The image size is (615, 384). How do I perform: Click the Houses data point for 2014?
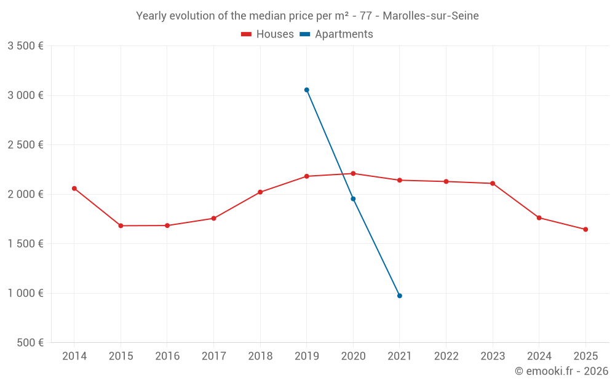[74, 189]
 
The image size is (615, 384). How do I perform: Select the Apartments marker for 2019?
[307, 90]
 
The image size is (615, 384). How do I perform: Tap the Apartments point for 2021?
[400, 296]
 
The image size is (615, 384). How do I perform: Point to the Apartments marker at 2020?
[353, 199]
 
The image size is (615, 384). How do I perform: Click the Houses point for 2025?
[585, 230]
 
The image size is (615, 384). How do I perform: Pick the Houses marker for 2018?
[260, 192]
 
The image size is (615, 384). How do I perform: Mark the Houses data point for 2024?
[539, 218]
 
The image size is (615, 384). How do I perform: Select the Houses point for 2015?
[121, 226]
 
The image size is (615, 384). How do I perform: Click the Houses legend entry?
[268, 34]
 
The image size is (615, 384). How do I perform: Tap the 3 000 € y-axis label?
[25, 95]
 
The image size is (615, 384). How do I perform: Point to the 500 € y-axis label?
[30, 343]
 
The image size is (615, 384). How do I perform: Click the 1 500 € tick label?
[25, 244]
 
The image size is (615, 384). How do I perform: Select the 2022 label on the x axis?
[446, 356]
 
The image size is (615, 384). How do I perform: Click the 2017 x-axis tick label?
[213, 356]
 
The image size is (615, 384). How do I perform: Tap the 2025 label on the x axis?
[585, 356]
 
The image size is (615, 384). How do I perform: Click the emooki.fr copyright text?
[561, 371]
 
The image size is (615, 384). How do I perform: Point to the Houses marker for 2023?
[493, 184]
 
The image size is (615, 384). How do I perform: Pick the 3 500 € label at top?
[25, 46]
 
